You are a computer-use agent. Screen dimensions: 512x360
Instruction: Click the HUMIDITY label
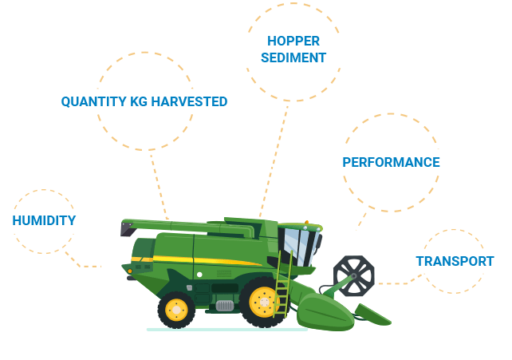point(44,220)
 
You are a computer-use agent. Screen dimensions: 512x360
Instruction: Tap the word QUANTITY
point(94,101)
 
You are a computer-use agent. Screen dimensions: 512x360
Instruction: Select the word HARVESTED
point(189,101)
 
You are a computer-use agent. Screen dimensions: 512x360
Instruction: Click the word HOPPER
point(293,42)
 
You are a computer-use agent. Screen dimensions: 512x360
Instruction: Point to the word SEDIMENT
point(293,57)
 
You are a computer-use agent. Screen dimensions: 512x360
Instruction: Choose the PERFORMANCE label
point(392,162)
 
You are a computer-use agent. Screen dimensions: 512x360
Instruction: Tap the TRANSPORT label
point(455,261)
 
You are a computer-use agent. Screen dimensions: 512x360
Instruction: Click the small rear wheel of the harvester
point(176,310)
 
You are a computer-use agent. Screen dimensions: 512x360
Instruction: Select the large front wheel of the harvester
point(264,302)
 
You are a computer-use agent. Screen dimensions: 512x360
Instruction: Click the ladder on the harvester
point(283,284)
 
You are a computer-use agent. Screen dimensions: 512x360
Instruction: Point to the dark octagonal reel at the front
point(354,276)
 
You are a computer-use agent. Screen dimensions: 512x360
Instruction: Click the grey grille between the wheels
point(225,306)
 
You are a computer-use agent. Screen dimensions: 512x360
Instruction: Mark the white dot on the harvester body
point(199,275)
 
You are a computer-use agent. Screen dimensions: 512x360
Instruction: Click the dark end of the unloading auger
point(128,228)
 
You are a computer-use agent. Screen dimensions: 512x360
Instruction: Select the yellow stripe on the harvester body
point(196,261)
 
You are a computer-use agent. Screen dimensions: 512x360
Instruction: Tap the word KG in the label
point(139,101)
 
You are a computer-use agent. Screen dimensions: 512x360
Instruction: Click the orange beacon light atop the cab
point(306,223)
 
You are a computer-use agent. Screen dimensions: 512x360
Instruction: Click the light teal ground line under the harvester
point(227,330)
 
